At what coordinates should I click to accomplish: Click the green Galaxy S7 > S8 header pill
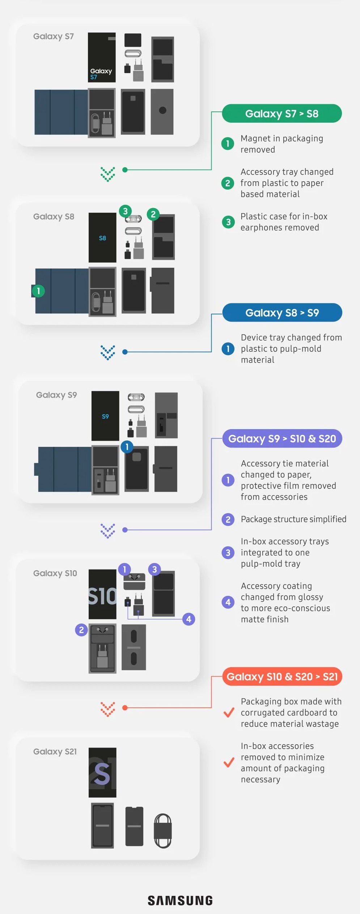281,114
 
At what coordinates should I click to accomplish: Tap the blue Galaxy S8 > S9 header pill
282,313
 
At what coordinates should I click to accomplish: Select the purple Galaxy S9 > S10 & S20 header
282,439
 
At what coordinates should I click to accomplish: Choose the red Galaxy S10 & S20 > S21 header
282,677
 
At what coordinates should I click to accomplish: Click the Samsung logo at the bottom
180,901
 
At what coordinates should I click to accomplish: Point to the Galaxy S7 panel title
54,37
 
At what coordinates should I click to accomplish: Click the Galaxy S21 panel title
55,752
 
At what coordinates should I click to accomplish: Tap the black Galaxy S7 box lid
102,57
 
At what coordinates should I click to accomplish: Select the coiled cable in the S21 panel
163,830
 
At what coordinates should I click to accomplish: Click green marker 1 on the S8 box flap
38,291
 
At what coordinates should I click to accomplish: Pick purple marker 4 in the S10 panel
189,619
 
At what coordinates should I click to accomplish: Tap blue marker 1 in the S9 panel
127,447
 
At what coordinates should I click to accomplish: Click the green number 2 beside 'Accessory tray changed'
228,183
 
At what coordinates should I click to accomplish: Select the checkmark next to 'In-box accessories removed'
229,763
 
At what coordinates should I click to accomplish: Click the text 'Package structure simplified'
293,519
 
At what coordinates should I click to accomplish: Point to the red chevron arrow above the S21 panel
108,709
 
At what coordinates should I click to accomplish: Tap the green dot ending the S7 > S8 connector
125,170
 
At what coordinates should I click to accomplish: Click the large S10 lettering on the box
102,596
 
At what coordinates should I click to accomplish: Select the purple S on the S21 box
102,774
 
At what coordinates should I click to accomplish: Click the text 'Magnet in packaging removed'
281,144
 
